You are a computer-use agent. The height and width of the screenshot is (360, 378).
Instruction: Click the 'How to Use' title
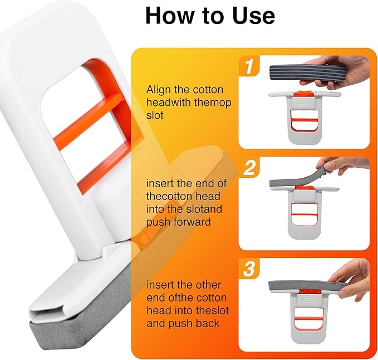pyautogui.click(x=210, y=16)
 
